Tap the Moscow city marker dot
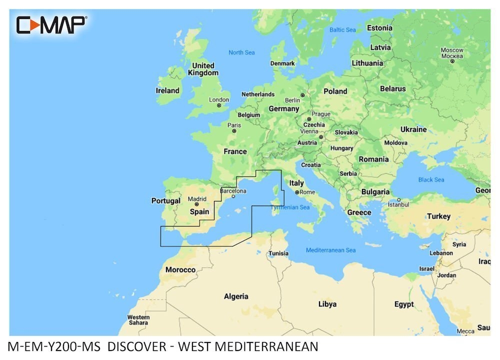(452, 61)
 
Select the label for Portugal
(165, 201)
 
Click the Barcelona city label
(233, 190)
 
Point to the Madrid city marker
(196, 204)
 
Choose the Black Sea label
(431, 179)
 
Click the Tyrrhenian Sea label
(290, 207)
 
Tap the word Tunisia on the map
(278, 253)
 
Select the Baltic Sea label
(342, 30)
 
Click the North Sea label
(241, 52)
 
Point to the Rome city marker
(297, 192)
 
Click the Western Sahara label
(138, 320)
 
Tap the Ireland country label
(167, 90)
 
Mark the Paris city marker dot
(234, 131)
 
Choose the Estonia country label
(379, 28)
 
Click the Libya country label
(327, 304)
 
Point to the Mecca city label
(465, 331)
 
